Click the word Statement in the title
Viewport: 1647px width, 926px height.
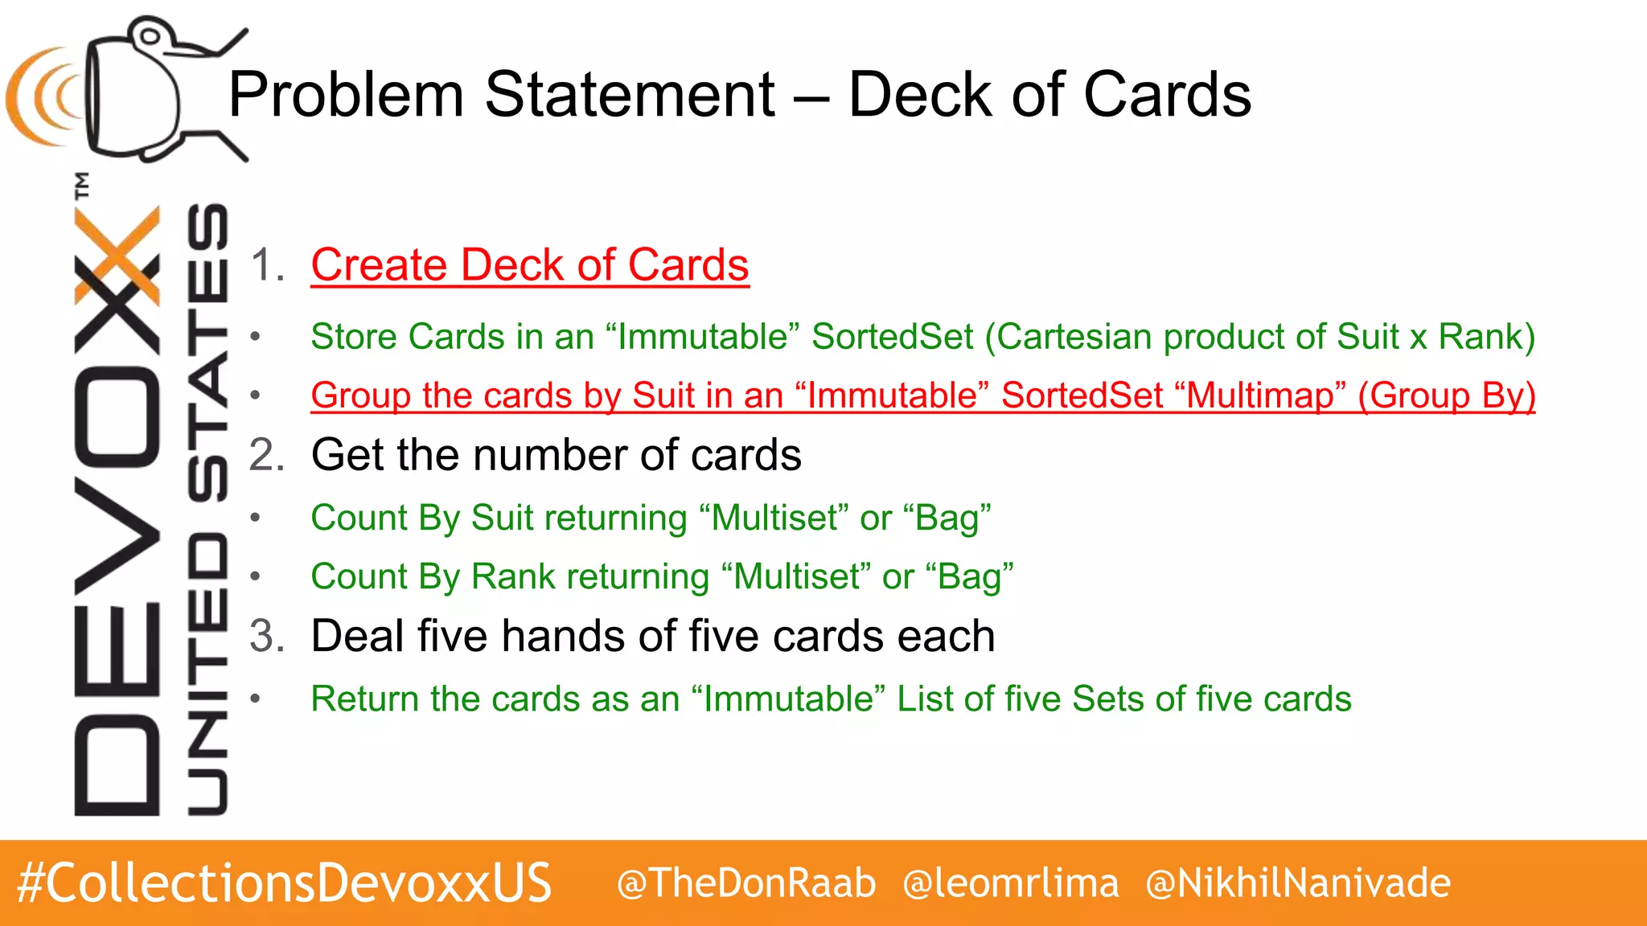tap(630, 95)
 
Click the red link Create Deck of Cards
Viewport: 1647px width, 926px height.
tap(530, 265)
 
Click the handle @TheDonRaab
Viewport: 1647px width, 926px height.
tap(746, 883)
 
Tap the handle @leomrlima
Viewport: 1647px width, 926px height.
tap(1011, 883)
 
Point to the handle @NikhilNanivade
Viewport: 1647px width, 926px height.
tap(1298, 883)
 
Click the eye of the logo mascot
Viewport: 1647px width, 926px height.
tap(150, 35)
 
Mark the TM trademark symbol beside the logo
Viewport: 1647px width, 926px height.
tap(81, 185)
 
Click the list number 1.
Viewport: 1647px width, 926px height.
tap(267, 265)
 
